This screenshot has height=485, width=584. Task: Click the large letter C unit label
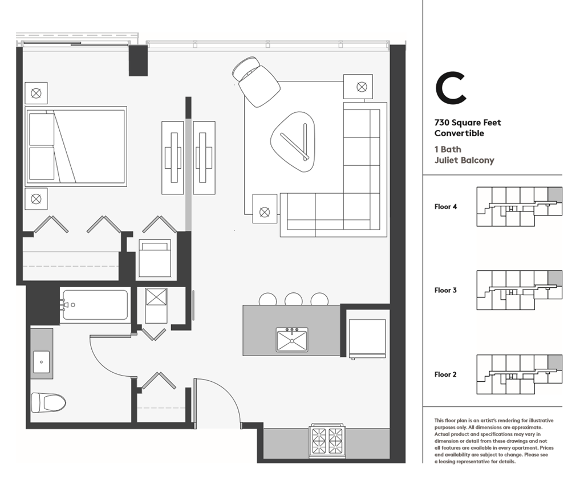coord(451,88)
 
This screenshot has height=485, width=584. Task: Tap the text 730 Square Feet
coord(468,123)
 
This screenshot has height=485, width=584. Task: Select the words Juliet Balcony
coord(464,160)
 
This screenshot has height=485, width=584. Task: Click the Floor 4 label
coord(445,207)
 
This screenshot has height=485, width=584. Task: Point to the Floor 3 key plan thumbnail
coord(519,290)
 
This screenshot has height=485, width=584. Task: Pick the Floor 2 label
coord(445,374)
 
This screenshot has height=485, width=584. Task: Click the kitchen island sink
coord(292,340)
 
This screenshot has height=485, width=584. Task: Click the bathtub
coord(95,305)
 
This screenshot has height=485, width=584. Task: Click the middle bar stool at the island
coord(294,300)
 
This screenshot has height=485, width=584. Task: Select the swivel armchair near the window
coord(257,81)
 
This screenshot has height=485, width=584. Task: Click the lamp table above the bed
coord(36,93)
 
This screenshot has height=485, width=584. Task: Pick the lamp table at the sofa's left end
coord(265,211)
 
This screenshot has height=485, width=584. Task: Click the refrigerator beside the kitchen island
coord(366,337)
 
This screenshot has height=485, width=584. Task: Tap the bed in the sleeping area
coord(76,146)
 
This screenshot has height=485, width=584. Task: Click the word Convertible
coord(459,133)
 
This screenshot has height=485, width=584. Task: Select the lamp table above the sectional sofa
coord(358,87)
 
